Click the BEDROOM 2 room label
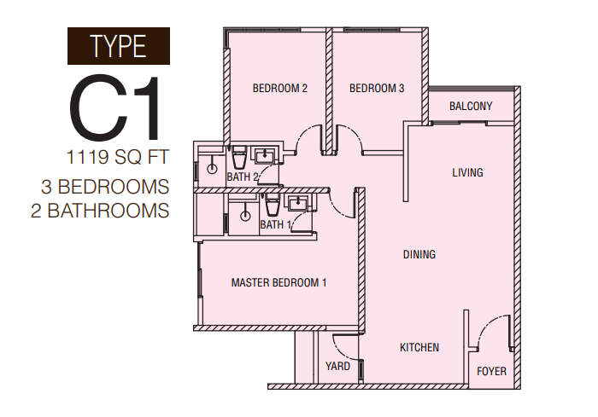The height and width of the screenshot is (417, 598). [x=280, y=89]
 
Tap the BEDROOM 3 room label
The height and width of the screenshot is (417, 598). [x=377, y=89]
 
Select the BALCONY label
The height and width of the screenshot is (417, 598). [x=471, y=106]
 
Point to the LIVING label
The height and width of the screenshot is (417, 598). [x=467, y=172]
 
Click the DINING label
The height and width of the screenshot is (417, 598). [x=419, y=254]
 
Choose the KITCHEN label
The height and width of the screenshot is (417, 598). [x=419, y=347]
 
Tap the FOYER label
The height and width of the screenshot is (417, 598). [x=491, y=371]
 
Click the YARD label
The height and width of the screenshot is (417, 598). [x=337, y=367]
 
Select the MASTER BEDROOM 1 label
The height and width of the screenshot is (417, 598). [x=278, y=282]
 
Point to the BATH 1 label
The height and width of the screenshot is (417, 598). [x=275, y=224]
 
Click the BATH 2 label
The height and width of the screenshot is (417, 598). [x=243, y=177]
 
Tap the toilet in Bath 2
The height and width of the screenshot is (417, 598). [x=239, y=158]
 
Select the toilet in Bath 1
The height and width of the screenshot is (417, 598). [x=273, y=205]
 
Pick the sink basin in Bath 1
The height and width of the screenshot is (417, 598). [x=298, y=203]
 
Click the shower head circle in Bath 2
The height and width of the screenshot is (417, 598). [x=212, y=168]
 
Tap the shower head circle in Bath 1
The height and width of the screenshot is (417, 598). [x=245, y=216]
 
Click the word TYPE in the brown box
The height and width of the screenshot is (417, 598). [x=118, y=46]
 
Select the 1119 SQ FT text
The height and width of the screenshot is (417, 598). [x=118, y=157]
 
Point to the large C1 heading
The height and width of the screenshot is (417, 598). [x=114, y=107]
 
